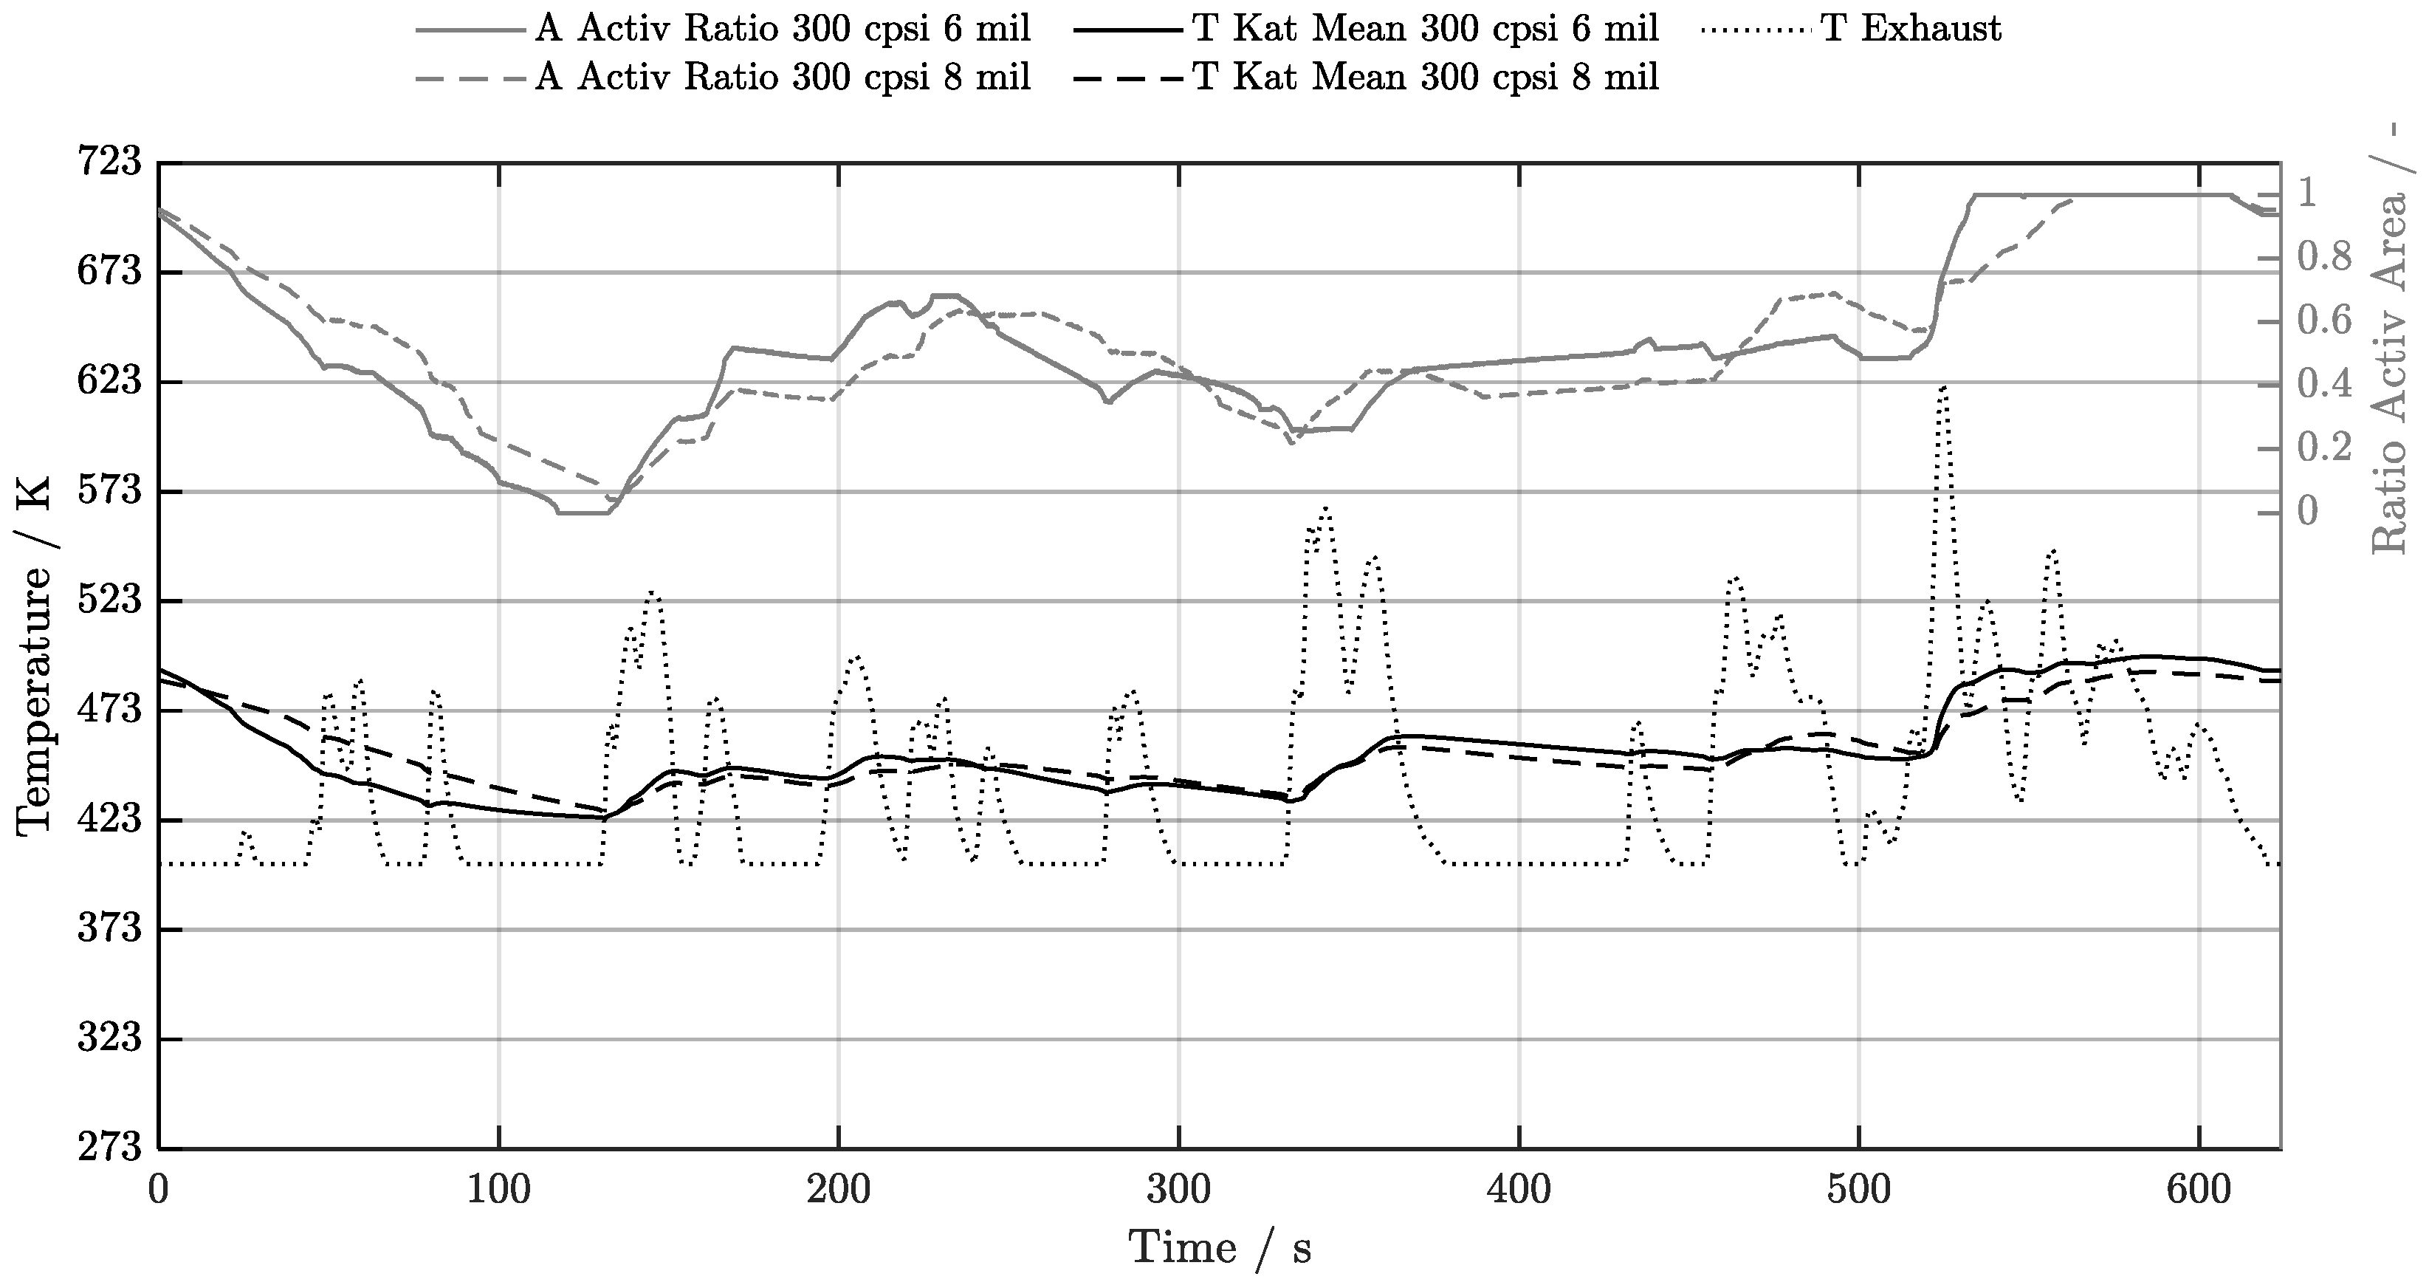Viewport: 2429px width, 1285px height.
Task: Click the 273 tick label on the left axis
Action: click(x=109, y=1148)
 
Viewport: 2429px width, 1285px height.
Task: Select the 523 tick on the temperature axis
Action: click(x=109, y=601)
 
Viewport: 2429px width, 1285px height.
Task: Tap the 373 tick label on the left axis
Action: click(x=109, y=929)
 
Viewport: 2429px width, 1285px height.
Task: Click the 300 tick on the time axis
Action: click(x=1178, y=1190)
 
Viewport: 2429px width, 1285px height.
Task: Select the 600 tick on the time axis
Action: click(x=2198, y=1190)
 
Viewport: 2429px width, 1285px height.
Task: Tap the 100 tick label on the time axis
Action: click(x=498, y=1190)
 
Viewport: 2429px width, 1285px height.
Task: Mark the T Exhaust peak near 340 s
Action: click(x=1326, y=510)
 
